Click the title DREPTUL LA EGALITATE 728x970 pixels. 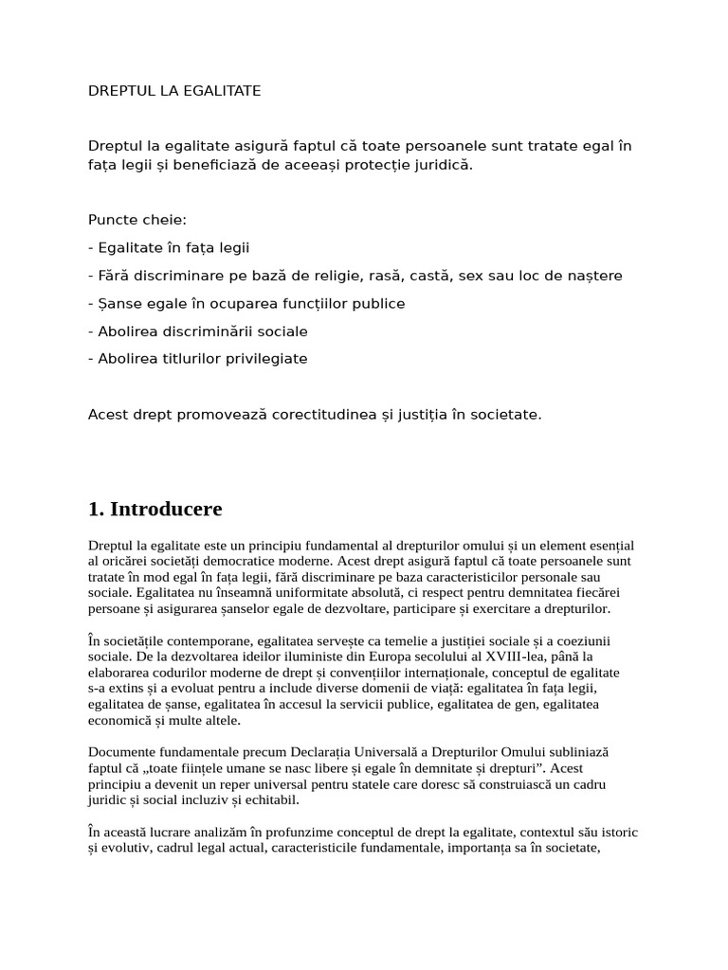[174, 91]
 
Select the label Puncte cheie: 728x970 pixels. [137, 220]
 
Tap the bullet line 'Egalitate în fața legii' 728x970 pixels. [169, 248]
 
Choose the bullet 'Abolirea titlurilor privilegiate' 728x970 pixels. [198, 359]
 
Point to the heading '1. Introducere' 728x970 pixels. [155, 509]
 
